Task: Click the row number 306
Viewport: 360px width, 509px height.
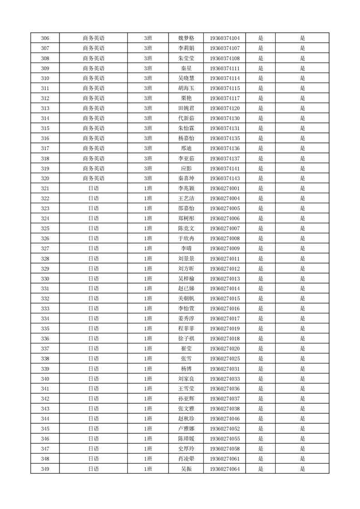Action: tap(45, 38)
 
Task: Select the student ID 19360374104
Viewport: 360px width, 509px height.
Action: tap(225, 38)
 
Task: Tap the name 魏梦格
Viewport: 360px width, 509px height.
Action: tap(186, 38)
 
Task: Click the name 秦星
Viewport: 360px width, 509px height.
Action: tap(186, 68)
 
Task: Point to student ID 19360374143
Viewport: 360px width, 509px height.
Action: tap(225, 178)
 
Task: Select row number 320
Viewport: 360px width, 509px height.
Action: tap(45, 178)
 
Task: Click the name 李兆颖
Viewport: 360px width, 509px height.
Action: tap(186, 188)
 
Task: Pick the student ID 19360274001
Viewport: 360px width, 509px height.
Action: tap(225, 188)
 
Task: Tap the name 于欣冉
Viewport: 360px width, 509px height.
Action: tap(186, 238)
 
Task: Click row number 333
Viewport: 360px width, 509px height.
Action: tap(45, 308)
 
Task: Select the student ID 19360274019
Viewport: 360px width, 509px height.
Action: tap(225, 328)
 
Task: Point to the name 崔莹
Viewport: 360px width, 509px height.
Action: tap(186, 348)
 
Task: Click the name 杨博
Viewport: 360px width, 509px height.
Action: tap(186, 368)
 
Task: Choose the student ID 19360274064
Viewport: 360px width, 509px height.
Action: tap(225, 469)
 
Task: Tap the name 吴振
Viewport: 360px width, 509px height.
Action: tap(186, 469)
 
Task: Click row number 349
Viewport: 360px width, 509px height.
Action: tap(45, 469)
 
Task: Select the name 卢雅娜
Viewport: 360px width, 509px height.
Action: tap(186, 429)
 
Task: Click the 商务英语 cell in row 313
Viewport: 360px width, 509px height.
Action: tap(94, 108)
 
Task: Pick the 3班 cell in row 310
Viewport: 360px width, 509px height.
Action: tap(148, 78)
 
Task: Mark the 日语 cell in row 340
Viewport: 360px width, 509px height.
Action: tap(94, 378)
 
